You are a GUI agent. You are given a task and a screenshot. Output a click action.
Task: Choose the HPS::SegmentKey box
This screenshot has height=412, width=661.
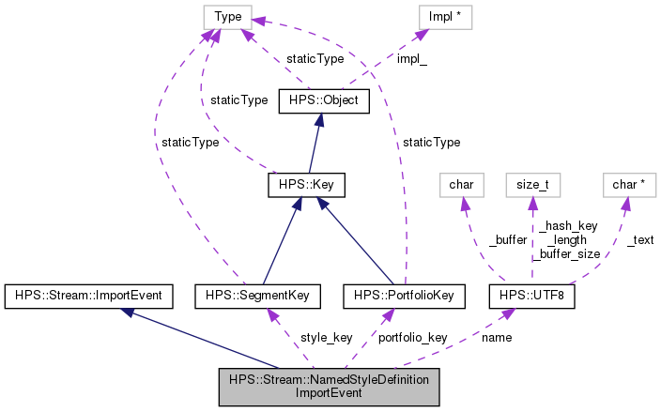click(257, 296)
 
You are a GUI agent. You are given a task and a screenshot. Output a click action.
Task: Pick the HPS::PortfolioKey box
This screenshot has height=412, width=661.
click(404, 296)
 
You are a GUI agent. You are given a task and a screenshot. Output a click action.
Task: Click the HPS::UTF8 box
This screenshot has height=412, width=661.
click(531, 296)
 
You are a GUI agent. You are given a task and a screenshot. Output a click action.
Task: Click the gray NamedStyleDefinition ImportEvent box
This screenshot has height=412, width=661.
click(329, 387)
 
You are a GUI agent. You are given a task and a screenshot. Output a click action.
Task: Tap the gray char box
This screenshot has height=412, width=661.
click(460, 185)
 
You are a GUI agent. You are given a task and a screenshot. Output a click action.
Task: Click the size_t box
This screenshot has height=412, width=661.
click(531, 185)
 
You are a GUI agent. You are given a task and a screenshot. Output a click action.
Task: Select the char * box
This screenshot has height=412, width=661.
click(626, 185)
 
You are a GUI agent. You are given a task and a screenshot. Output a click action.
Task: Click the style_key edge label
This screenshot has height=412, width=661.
click(326, 337)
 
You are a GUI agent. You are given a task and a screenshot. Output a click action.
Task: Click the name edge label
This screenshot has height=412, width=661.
click(496, 337)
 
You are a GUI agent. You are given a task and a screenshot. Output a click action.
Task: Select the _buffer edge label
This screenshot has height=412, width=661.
click(507, 239)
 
